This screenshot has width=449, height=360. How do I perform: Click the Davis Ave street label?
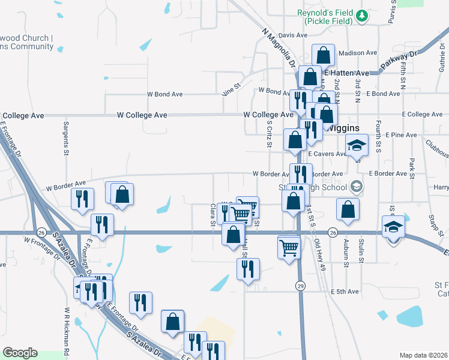coord(293,35)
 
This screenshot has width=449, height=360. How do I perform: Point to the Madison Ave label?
coord(357,53)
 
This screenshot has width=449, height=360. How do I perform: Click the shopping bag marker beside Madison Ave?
coord(323,55)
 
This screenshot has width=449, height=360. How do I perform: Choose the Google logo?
coord(20,353)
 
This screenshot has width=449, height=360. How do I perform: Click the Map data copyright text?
coord(424,355)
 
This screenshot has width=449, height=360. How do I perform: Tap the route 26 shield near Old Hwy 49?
coord(333,232)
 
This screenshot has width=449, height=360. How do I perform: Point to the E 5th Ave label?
coord(345,292)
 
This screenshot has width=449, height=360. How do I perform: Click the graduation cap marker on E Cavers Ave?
coord(357,145)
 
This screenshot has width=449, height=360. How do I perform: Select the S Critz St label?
coord(270,133)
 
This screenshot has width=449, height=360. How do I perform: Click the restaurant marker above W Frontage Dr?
coord(102,225)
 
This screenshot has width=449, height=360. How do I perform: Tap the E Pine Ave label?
coord(402,135)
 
